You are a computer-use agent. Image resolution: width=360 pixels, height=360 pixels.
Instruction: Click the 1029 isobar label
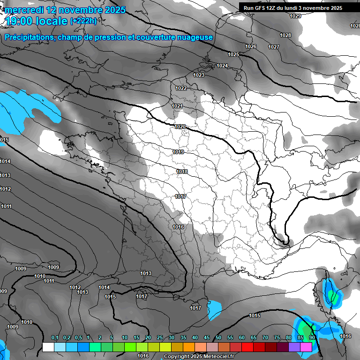click(295, 16)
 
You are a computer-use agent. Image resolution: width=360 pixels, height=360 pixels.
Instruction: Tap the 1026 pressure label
click(251, 46)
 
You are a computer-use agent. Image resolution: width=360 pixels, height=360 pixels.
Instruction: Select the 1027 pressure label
click(274, 47)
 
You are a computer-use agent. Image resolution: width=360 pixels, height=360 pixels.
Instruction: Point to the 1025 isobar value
click(233, 55)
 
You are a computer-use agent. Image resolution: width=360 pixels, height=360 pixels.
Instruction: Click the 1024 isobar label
click(222, 66)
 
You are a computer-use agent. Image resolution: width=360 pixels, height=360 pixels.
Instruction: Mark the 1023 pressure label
click(199, 75)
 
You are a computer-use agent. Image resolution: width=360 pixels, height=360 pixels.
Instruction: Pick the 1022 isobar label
click(181, 88)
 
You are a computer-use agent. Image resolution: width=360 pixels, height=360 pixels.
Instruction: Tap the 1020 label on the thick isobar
click(180, 127)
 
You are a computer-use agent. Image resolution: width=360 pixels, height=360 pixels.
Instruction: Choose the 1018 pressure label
click(182, 172)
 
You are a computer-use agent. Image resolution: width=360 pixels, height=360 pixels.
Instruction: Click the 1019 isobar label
click(178, 152)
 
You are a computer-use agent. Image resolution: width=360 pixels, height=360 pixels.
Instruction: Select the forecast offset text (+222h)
click(83, 21)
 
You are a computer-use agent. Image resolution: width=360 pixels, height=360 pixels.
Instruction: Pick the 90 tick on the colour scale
click(312, 338)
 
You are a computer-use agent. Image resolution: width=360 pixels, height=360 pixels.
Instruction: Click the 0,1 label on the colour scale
click(55, 338)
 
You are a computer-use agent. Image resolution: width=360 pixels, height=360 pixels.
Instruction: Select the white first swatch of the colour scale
click(48, 347)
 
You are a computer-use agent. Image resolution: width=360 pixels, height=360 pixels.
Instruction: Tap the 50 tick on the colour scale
click(218, 338)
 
